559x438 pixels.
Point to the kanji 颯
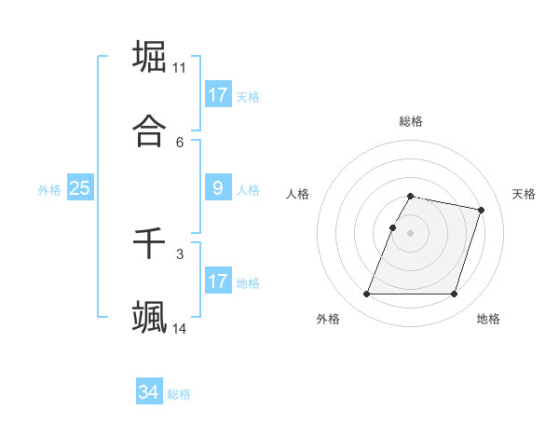(x=149, y=317)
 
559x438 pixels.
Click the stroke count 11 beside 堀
(x=179, y=68)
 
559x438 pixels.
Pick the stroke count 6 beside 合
(x=180, y=143)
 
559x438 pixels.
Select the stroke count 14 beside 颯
(x=179, y=329)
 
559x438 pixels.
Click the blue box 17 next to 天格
(x=218, y=95)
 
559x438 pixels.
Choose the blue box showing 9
(x=218, y=188)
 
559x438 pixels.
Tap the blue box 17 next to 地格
(x=218, y=281)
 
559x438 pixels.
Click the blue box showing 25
(x=79, y=188)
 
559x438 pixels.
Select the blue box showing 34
(x=149, y=392)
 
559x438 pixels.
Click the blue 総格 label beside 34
(x=179, y=394)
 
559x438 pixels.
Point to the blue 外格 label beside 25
(x=49, y=190)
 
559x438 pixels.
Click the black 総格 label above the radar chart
(x=411, y=121)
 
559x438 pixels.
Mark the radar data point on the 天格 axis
(x=481, y=211)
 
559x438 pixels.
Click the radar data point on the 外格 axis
(x=367, y=294)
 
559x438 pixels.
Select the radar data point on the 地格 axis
(x=454, y=294)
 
